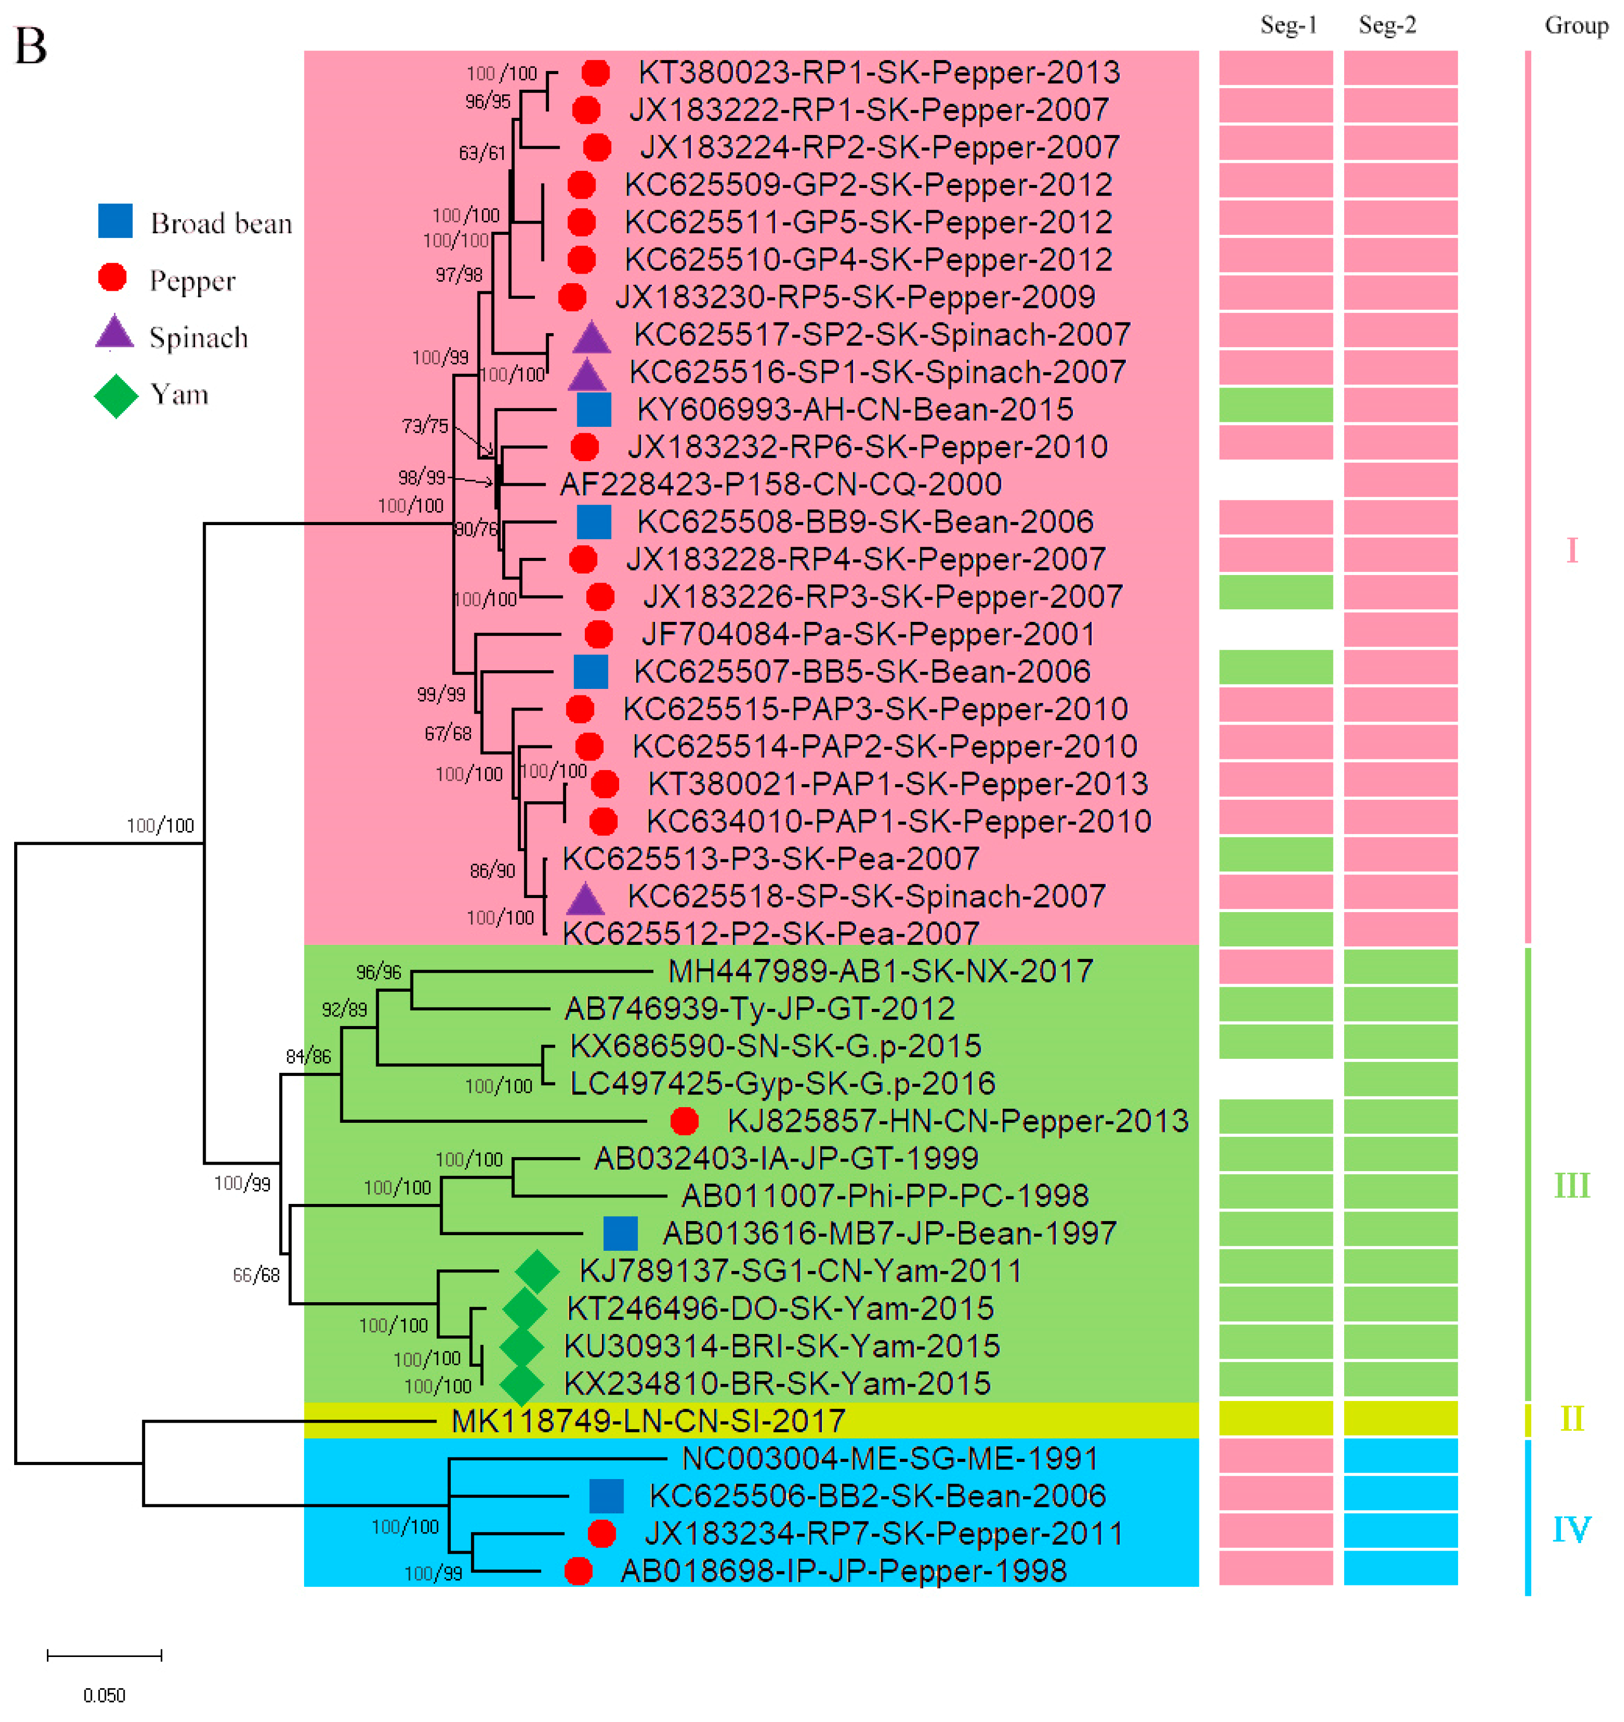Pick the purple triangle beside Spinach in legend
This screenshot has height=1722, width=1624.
[114, 334]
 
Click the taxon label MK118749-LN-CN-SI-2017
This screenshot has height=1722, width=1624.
[648, 1421]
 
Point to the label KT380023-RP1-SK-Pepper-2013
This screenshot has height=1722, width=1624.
[879, 72]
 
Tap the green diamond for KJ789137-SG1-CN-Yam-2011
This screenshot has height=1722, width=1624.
[536, 1271]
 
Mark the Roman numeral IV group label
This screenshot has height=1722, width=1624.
[1571, 1529]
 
